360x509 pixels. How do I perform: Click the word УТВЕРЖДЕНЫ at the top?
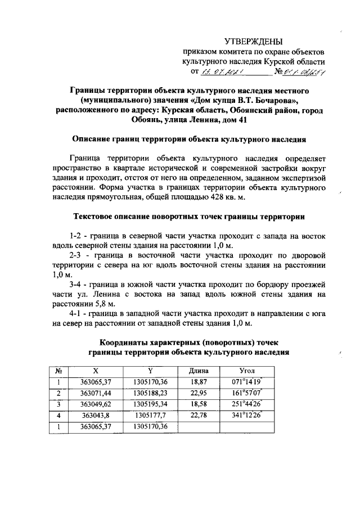coord(254,41)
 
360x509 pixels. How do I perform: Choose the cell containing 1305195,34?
coord(151,404)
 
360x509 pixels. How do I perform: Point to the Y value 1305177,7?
coord(151,415)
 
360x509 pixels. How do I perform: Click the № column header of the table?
coord(58,371)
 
